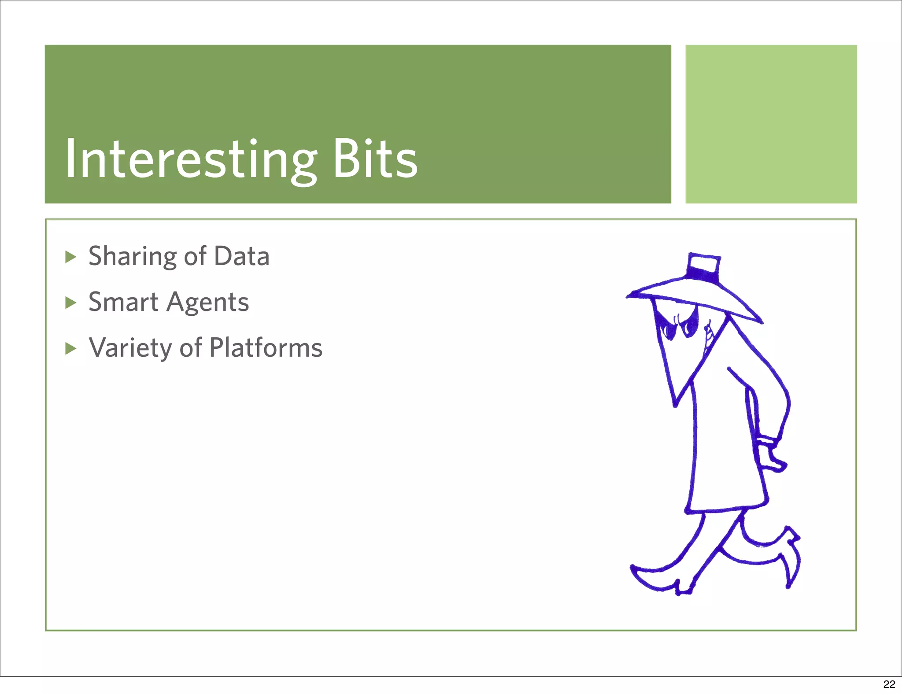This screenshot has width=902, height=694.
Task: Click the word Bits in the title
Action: pos(374,159)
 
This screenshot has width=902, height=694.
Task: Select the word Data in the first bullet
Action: pos(241,256)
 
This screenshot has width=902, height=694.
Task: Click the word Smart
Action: pos(123,302)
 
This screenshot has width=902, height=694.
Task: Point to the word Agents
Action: pos(208,303)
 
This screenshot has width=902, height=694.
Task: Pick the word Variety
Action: pos(130,348)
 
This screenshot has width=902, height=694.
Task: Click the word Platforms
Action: pos(266,348)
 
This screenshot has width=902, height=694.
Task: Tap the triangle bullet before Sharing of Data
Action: pos(70,257)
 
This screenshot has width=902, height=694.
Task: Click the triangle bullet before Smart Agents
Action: pos(70,303)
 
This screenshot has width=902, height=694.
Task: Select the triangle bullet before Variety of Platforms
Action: pos(70,348)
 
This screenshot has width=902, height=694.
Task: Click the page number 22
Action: pos(889,684)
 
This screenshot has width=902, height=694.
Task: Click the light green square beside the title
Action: pos(771,124)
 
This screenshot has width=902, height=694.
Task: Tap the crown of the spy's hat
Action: pos(703,267)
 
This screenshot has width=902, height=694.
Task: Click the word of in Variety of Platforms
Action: pos(190,348)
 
